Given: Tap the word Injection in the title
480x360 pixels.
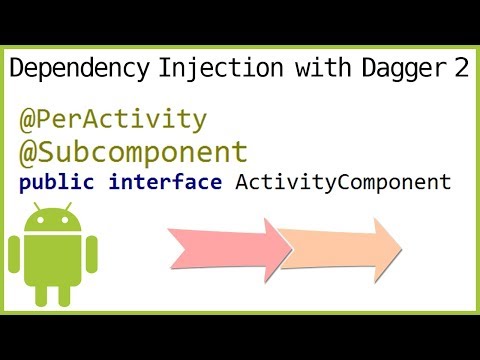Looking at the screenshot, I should tap(212, 69).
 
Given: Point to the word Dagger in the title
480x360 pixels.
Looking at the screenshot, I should tap(383, 69).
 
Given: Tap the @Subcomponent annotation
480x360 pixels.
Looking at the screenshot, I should tap(133, 153).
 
